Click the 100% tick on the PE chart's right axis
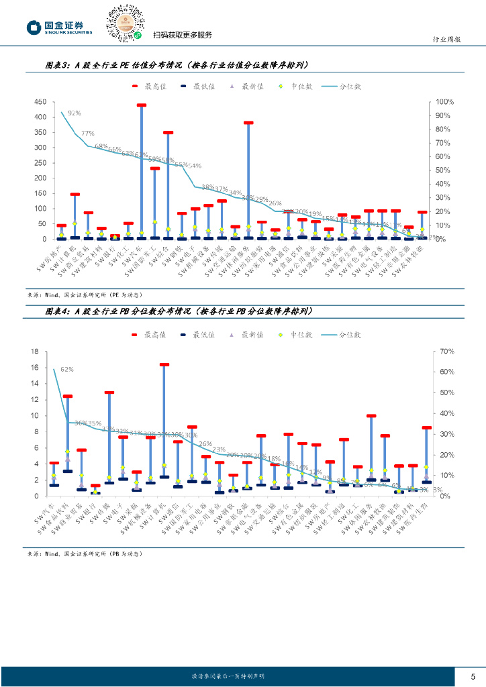(x=445, y=102)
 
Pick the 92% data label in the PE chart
(x=75, y=113)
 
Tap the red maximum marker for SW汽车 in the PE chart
(x=142, y=105)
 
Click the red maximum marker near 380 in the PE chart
(x=248, y=123)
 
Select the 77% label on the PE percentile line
(x=88, y=134)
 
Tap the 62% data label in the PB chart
(x=67, y=369)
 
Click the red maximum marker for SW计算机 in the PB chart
(x=164, y=365)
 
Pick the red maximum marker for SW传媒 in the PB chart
(x=109, y=392)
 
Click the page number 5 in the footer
(x=473, y=676)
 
